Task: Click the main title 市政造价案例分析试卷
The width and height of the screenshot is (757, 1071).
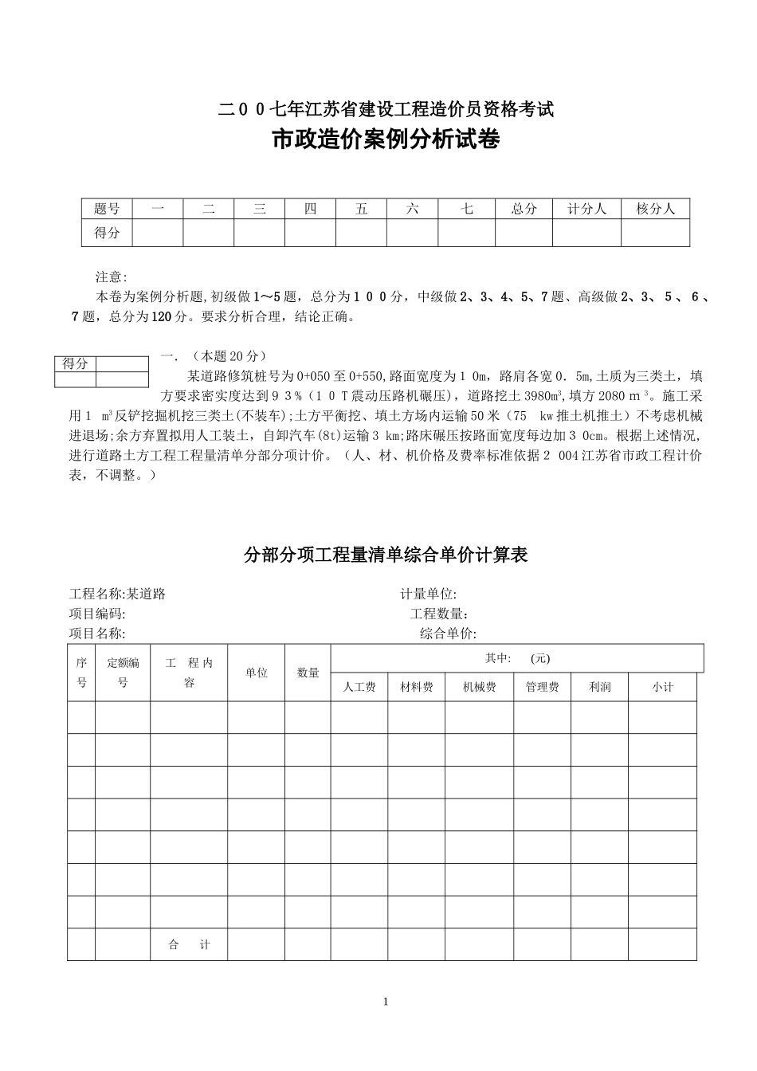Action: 386,140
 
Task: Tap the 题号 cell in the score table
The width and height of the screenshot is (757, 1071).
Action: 107,209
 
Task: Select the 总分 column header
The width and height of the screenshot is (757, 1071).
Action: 524,209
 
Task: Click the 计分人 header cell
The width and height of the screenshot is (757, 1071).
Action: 586,209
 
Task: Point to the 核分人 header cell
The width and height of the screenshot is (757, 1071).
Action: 655,209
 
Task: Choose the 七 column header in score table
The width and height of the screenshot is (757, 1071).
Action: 467,209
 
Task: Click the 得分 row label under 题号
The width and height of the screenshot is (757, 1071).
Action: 107,233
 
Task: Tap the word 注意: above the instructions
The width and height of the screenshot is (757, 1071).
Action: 112,277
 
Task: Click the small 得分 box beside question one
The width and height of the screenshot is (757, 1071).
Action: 76,364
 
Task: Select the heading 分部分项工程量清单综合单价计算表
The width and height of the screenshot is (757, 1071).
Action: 386,555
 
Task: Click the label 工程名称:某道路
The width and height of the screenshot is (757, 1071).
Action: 118,594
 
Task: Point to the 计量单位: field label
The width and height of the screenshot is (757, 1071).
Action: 428,594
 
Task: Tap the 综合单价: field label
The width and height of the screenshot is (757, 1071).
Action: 448,634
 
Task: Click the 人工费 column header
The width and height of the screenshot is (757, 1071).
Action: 359,687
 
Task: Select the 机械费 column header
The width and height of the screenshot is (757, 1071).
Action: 479,687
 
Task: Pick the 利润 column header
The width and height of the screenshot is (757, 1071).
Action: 599,687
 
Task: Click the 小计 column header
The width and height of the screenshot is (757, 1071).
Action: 662,687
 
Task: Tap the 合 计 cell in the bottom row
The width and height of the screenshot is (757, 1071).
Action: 189,945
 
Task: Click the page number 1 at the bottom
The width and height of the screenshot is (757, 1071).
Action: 386,1002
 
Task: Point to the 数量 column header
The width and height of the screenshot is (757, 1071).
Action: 308,673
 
